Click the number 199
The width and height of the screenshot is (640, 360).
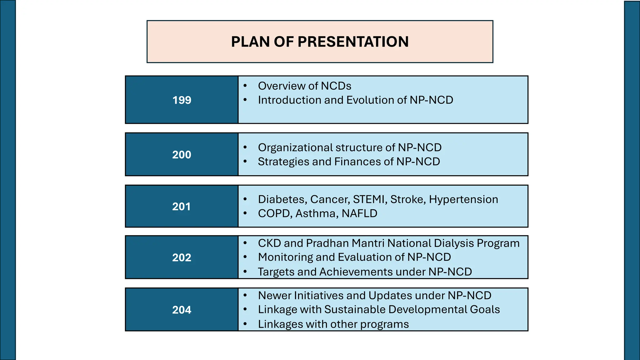click(x=182, y=100)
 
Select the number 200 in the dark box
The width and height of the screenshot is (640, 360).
click(x=182, y=155)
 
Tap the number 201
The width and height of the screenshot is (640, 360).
click(x=181, y=207)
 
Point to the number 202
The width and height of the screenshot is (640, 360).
click(x=182, y=257)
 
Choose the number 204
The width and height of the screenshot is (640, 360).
click(x=182, y=310)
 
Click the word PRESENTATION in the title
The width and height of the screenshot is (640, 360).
click(x=353, y=42)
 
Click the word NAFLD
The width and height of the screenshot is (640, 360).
click(x=359, y=213)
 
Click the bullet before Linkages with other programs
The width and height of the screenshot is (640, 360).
click(x=245, y=324)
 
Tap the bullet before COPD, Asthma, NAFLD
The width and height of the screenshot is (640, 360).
click(x=245, y=213)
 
